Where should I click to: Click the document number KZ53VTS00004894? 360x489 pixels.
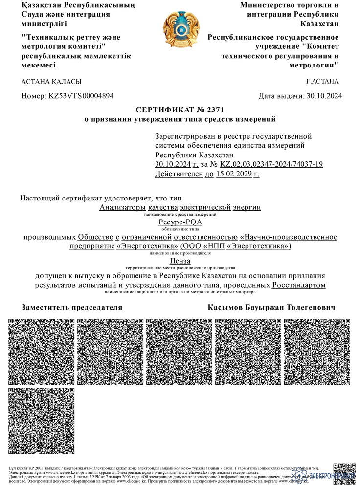point(81,96)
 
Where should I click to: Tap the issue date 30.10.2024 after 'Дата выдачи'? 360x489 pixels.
point(323,96)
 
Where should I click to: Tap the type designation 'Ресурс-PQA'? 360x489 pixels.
point(180,222)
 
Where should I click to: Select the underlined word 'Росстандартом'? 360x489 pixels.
point(298,285)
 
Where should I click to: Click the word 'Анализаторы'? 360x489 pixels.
point(119,207)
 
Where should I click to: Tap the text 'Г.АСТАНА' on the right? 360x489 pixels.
point(322,81)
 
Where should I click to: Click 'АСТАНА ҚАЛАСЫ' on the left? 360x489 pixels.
point(51,81)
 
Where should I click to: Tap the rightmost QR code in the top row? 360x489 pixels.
point(317,352)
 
